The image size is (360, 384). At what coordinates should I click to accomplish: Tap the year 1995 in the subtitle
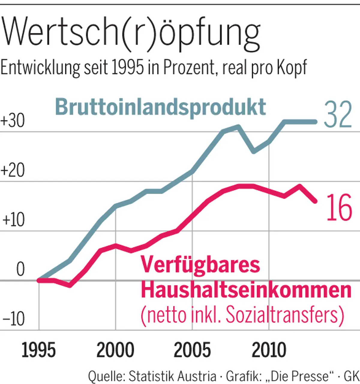(127, 68)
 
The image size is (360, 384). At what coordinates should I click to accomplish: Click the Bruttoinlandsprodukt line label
(160, 107)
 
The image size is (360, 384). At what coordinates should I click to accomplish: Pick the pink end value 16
(339, 208)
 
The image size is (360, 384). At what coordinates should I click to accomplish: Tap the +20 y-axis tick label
(13, 171)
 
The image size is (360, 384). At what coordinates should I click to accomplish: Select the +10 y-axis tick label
(13, 220)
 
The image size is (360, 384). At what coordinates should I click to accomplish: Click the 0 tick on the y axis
(20, 269)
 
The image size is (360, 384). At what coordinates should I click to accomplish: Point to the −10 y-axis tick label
(13, 319)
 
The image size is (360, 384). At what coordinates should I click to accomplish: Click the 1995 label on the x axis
(39, 350)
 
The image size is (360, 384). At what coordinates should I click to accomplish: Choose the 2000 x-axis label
(115, 350)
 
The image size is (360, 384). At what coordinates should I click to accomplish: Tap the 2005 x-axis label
(192, 350)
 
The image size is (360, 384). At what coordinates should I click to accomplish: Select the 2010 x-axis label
(269, 350)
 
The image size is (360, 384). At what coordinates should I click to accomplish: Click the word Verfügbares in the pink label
(200, 265)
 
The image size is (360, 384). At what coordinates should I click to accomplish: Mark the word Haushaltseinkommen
(246, 290)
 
